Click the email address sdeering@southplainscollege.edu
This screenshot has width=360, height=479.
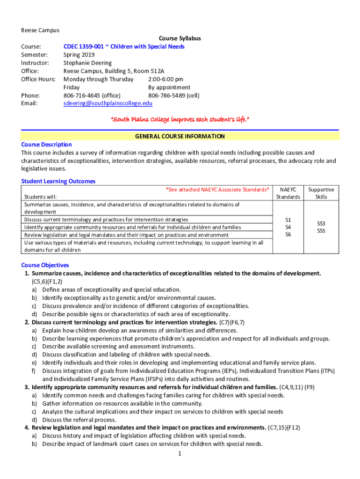click(108, 103)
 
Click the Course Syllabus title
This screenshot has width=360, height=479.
click(180, 38)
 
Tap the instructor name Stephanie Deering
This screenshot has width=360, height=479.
click(87, 63)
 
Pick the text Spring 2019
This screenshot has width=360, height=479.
click(79, 55)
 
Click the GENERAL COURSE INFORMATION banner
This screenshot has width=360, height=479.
click(180, 137)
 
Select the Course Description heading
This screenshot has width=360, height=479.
click(46, 145)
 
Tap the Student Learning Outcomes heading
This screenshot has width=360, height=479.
click(58, 181)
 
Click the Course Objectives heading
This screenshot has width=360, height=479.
click(45, 265)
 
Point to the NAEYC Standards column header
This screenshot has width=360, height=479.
click(288, 193)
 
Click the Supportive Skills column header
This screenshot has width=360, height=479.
click(321, 193)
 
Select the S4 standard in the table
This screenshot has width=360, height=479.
click(288, 227)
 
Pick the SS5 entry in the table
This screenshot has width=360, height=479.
click(321, 231)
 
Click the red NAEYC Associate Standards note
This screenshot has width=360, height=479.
click(217, 189)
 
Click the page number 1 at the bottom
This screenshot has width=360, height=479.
click(180, 453)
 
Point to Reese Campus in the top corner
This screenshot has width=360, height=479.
click(40, 30)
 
